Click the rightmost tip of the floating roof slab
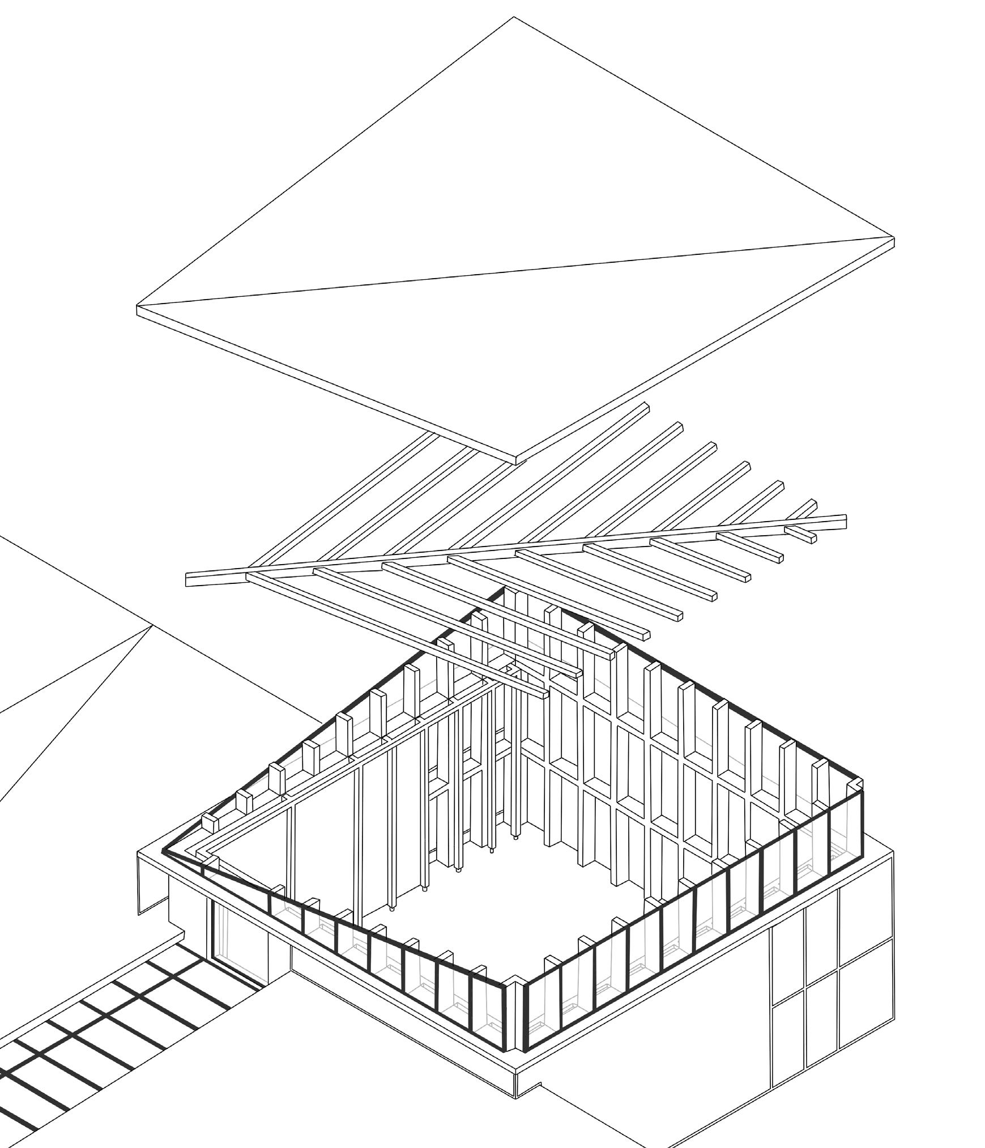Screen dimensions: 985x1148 click(x=893, y=240)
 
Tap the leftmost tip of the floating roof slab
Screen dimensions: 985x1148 click(x=138, y=309)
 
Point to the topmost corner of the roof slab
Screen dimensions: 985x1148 click(x=514, y=18)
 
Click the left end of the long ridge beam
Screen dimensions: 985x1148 click(x=188, y=579)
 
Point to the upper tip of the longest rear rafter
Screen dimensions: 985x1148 click(x=646, y=406)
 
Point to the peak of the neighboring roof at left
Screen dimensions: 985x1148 click(x=152, y=626)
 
